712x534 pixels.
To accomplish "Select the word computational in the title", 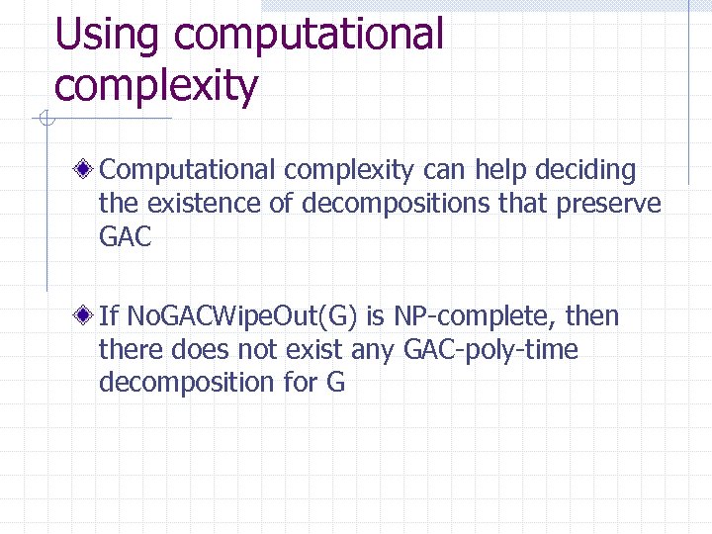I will (308, 35).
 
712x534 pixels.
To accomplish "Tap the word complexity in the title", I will (156, 85).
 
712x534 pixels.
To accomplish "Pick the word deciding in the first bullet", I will (585, 170).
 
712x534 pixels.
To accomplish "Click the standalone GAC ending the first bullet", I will (126, 237).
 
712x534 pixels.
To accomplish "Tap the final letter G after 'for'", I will (334, 382).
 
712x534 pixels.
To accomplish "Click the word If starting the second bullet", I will (109, 316).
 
